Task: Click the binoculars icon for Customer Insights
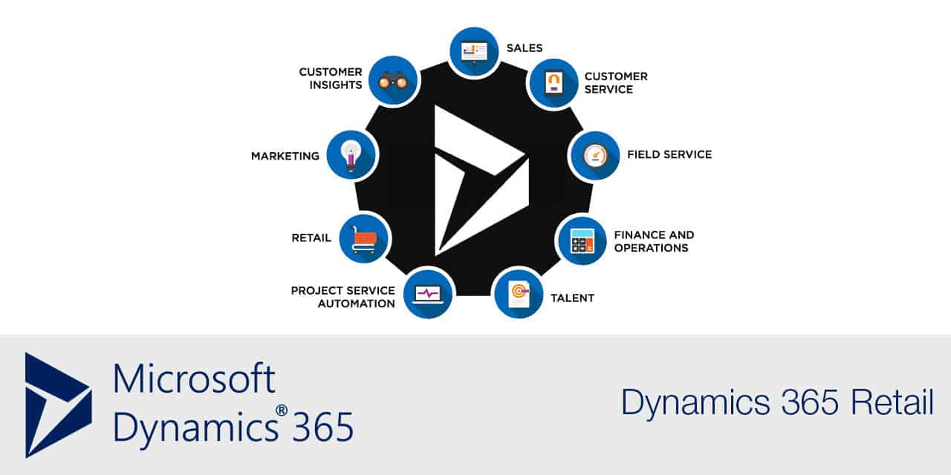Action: click(393, 81)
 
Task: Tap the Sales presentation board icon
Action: click(474, 51)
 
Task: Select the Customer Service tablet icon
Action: click(553, 83)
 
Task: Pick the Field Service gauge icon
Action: click(594, 156)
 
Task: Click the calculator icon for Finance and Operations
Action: click(582, 240)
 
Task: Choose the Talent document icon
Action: click(519, 292)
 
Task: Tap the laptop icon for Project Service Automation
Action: click(428, 293)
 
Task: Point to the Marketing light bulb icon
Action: click(351, 155)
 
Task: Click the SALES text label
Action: click(525, 48)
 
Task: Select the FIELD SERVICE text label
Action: click(669, 154)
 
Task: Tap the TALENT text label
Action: click(572, 298)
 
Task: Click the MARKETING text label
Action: click(285, 156)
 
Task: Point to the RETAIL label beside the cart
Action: click(311, 238)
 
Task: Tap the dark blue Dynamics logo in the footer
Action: click(57, 404)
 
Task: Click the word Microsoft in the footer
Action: click(195, 379)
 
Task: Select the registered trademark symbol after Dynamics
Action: click(282, 410)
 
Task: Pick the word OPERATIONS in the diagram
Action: click(651, 248)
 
